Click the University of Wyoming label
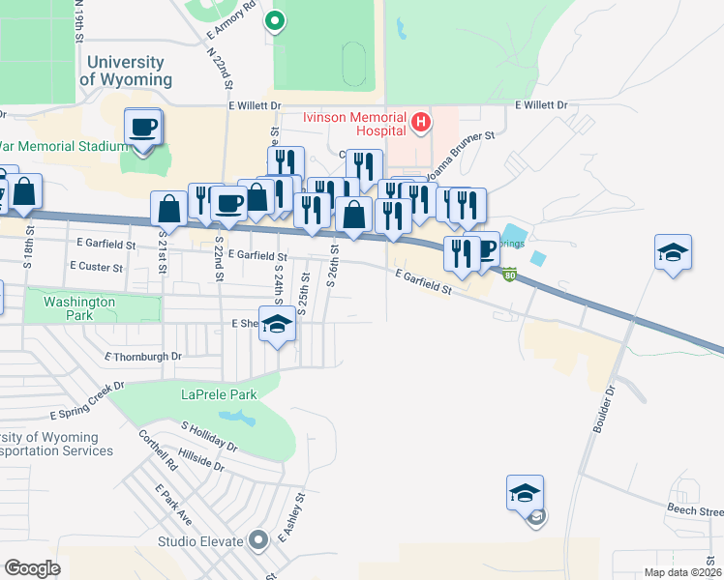pos(126,70)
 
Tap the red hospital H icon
pos(420,123)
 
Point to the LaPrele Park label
pos(217,393)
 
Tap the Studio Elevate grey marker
pos(257,540)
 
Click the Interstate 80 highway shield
pos(510,275)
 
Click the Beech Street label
pos(694,509)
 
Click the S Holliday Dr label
pos(209,436)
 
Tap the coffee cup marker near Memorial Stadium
pos(143,127)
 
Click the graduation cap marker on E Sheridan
pos(278,325)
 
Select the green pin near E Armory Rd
pos(275,19)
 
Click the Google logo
pos(32,568)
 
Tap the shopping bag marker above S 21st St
pos(169,208)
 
